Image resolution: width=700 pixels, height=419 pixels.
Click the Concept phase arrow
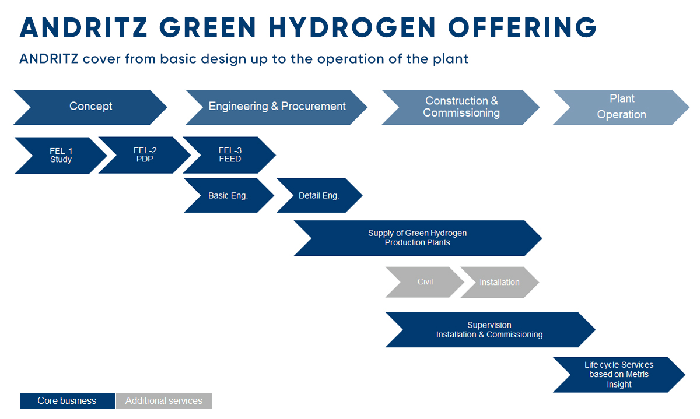90,107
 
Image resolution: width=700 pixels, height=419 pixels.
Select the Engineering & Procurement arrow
276,107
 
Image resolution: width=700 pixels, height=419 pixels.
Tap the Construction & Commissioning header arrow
461,107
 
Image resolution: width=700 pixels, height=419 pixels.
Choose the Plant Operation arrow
621,107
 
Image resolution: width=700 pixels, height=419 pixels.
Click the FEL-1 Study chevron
61,156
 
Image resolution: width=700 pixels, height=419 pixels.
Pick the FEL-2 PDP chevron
145,155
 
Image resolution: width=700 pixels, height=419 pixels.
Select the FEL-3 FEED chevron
230,155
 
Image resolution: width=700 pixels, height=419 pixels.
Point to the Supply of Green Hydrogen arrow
418,238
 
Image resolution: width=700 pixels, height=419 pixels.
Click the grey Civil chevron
425,282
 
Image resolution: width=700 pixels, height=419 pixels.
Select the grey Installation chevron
499,282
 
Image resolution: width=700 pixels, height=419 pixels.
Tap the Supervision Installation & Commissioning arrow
490,329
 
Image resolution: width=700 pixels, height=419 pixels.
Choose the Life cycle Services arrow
619,375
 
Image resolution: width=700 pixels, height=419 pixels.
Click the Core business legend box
67,401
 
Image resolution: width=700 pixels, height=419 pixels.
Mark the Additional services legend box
164,401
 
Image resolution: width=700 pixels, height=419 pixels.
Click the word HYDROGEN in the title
352,27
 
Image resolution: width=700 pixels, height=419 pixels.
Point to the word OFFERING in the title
523,27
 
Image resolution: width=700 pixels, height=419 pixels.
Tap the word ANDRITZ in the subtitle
49,59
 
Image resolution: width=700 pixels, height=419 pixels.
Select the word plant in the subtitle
450,59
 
